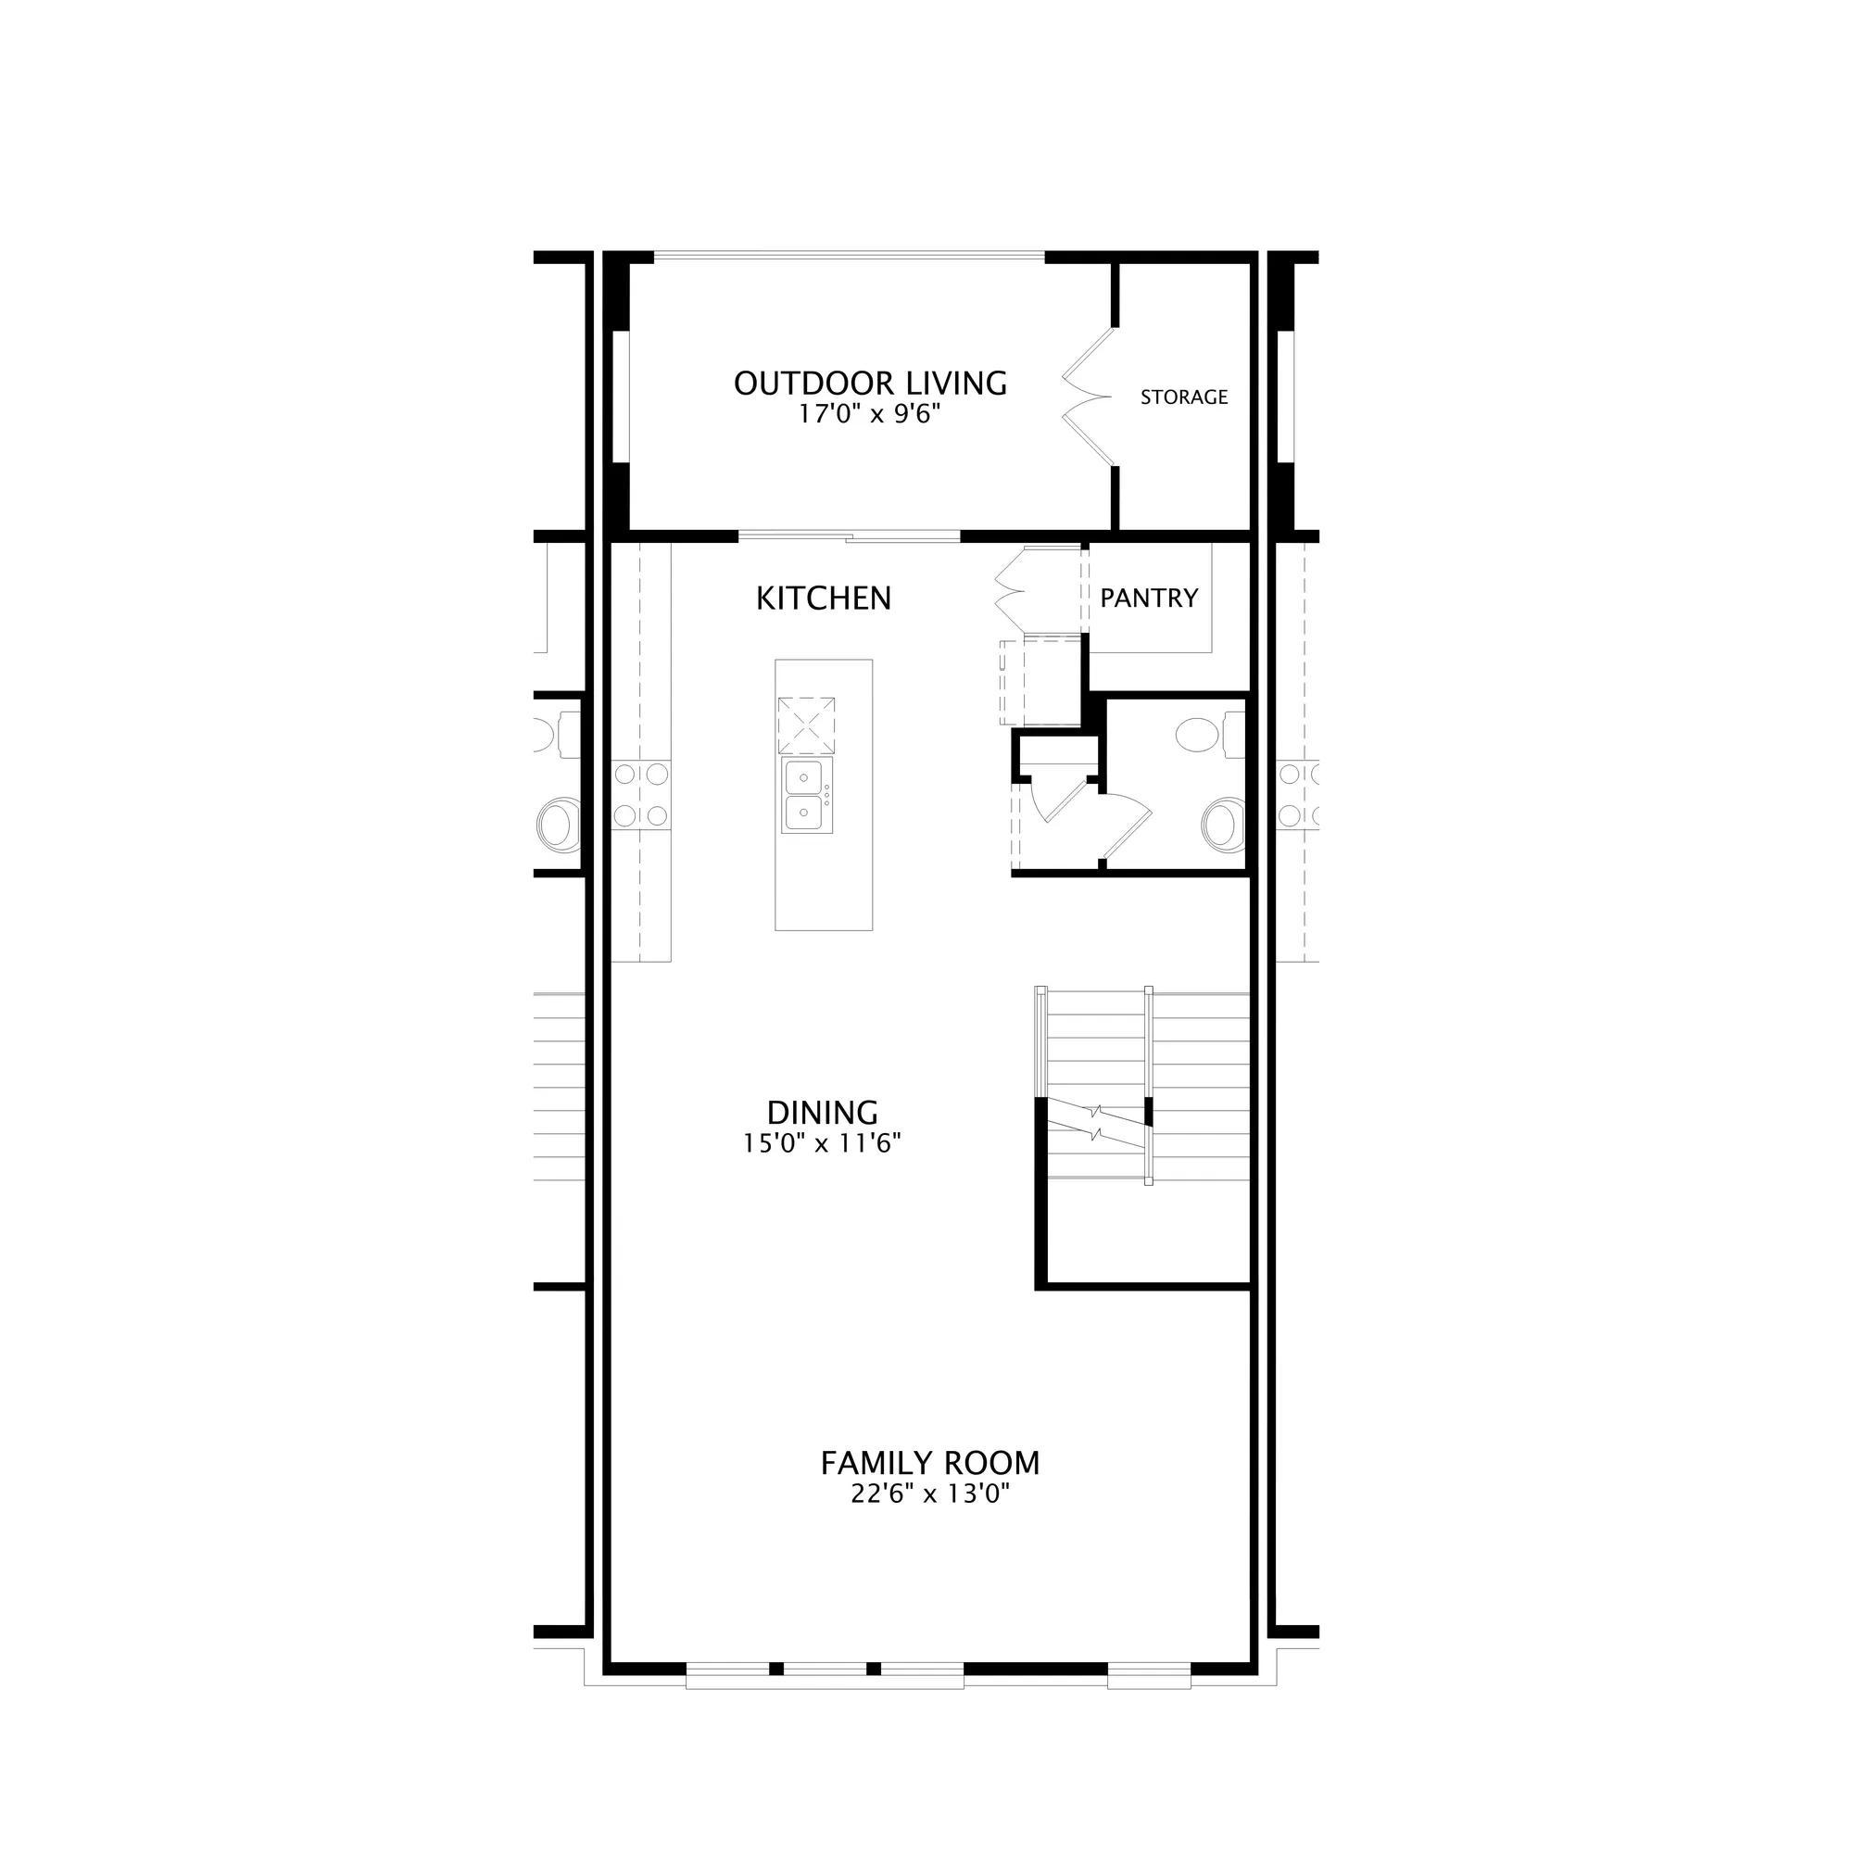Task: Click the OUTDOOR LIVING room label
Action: coord(870,384)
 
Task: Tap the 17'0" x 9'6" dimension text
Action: coord(870,414)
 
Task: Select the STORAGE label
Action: coord(1183,397)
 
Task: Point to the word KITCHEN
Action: coord(824,599)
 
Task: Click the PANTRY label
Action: coord(1149,599)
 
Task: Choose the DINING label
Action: coord(823,1113)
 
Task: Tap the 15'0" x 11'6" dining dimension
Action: coord(823,1143)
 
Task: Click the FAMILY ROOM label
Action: coord(929,1464)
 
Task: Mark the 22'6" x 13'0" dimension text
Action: coord(929,1494)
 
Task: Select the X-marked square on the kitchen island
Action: coord(806,725)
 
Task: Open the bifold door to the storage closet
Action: coord(1090,397)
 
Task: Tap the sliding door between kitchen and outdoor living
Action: coord(850,537)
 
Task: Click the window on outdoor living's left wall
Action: coord(623,397)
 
